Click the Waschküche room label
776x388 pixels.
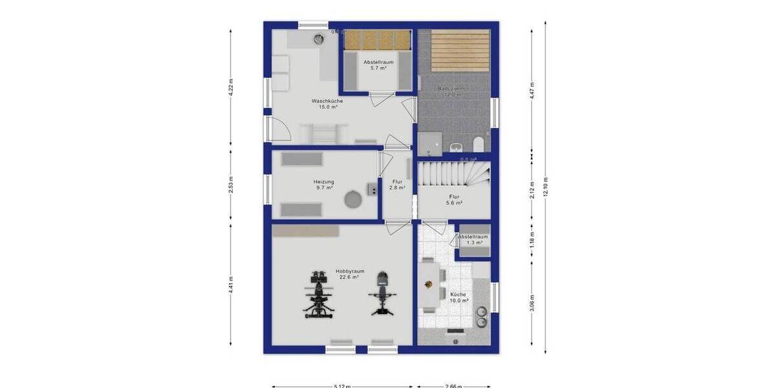(327, 104)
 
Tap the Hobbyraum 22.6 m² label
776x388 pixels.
(350, 274)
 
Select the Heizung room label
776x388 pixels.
(325, 185)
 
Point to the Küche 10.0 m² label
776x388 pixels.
(458, 297)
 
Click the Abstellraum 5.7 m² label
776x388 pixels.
(378, 65)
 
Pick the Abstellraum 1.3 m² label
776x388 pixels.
(473, 240)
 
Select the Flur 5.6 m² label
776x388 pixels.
(455, 199)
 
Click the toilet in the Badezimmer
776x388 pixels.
(479, 144)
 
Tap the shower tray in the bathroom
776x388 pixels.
(430, 143)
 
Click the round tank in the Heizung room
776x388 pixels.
(352, 199)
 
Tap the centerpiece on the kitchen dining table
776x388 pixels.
(428, 283)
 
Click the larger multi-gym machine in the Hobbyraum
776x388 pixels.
(319, 295)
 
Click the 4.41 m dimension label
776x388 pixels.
(231, 285)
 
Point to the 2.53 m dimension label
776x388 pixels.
(231, 184)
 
